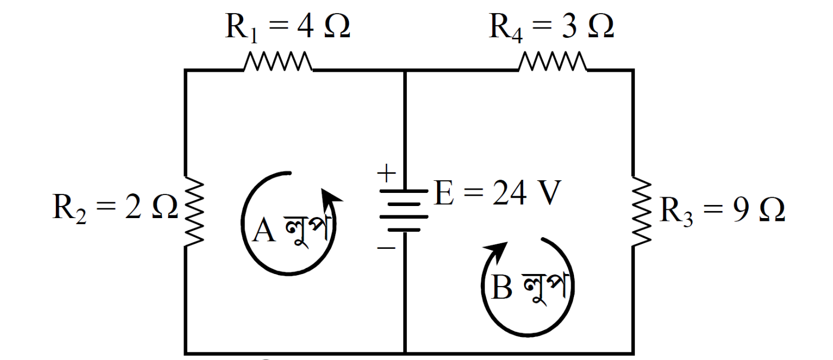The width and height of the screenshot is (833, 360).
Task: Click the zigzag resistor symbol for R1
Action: [278, 62]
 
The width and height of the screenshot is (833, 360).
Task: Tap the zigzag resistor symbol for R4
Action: [552, 62]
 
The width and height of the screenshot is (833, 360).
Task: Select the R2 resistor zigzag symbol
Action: [194, 212]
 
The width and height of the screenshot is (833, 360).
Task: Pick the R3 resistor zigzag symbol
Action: [642, 212]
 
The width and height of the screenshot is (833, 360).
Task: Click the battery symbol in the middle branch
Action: [404, 211]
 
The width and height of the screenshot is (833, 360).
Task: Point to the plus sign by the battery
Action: [387, 174]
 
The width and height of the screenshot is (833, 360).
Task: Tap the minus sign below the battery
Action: [386, 248]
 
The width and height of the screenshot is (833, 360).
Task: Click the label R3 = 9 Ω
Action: [722, 210]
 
